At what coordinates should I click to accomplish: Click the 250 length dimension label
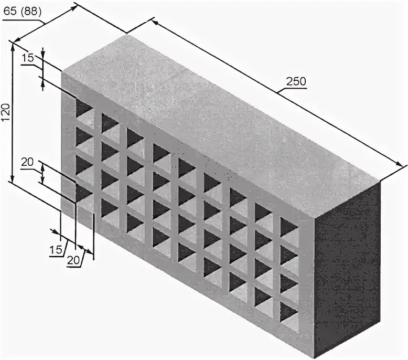tap(296, 81)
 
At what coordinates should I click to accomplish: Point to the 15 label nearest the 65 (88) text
tap(28, 58)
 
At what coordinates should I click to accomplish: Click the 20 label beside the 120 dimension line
tap(27, 163)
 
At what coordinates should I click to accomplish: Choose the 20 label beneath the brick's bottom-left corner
tap(74, 259)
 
